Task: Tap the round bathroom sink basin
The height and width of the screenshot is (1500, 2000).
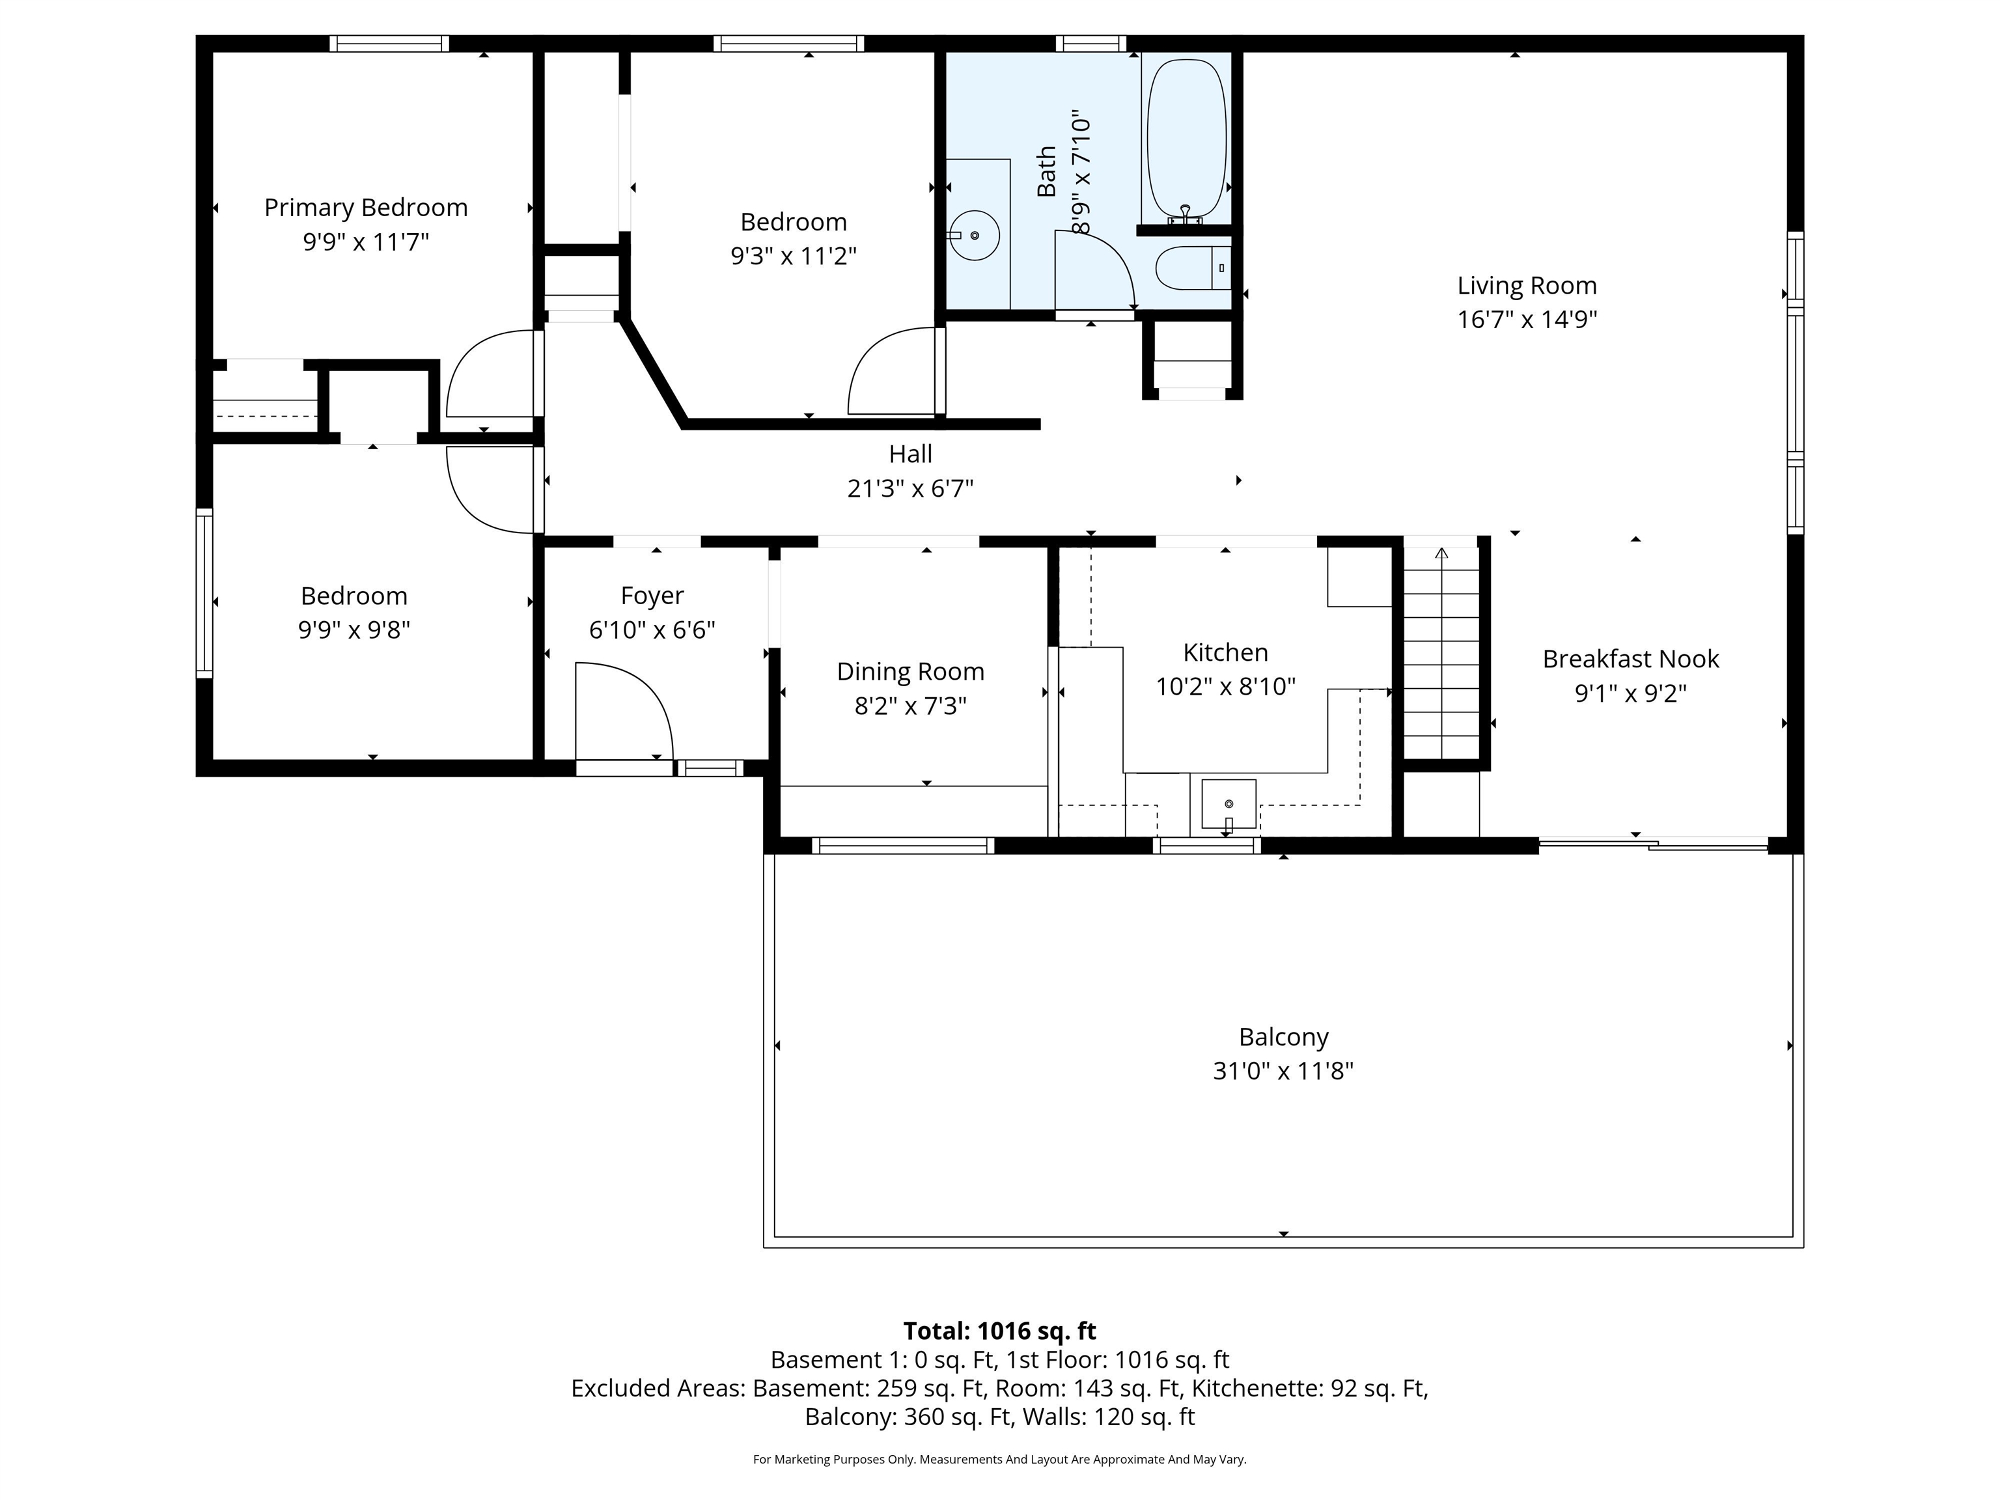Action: click(975, 235)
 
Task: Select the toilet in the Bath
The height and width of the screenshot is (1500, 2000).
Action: click(1193, 268)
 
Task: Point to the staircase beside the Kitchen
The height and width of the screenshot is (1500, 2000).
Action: click(1441, 651)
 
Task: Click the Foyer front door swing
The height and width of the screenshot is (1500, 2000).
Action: click(624, 712)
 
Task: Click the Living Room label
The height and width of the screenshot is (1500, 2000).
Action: click(1527, 286)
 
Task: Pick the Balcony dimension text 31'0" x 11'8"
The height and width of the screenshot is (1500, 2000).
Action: click(1283, 1072)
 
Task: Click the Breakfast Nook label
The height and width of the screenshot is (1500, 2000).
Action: click(1630, 659)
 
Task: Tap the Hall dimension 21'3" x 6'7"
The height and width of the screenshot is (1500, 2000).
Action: click(911, 489)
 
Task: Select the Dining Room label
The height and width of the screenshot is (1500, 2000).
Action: click(911, 672)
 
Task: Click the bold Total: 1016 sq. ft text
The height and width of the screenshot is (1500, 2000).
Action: click(1000, 1331)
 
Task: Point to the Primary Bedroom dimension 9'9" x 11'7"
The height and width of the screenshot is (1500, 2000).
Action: click(366, 242)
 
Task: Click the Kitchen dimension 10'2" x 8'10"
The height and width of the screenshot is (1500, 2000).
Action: click(1226, 687)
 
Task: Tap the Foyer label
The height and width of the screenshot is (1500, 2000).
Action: click(652, 596)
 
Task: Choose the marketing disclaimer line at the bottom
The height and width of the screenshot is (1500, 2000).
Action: click(1000, 1460)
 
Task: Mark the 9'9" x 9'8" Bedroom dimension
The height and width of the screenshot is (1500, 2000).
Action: click(354, 630)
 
